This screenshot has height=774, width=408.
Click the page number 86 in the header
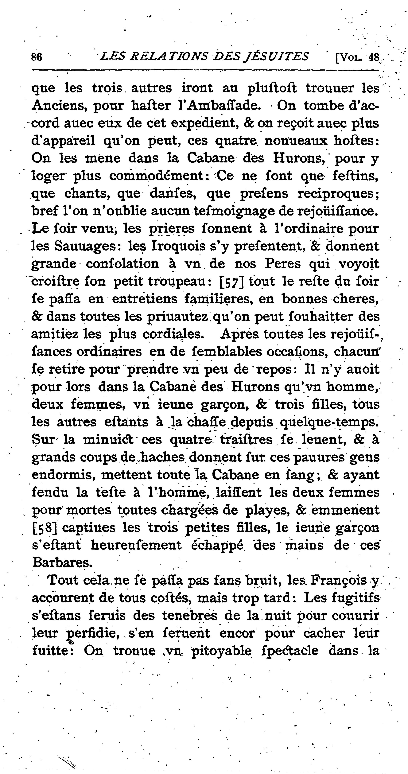coord(36,57)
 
